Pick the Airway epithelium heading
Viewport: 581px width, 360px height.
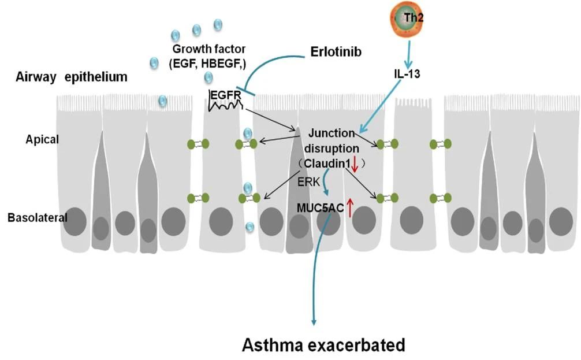coord(72,77)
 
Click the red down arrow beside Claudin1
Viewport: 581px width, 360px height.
coord(355,165)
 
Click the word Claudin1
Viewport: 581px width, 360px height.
coord(327,164)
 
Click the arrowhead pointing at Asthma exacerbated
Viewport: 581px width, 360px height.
coord(314,319)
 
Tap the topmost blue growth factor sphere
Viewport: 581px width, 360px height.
coord(218,24)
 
